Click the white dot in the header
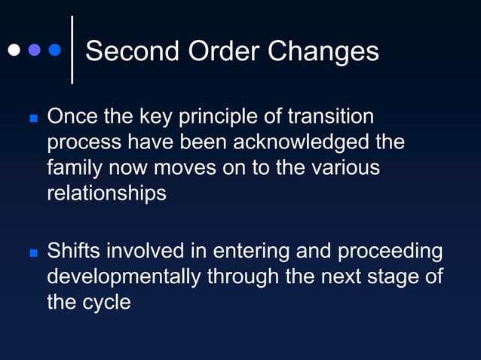click(x=14, y=50)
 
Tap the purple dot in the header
click(x=34, y=50)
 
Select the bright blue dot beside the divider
click(x=54, y=50)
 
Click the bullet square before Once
click(x=32, y=119)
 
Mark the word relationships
click(x=106, y=193)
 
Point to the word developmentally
click(x=124, y=276)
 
